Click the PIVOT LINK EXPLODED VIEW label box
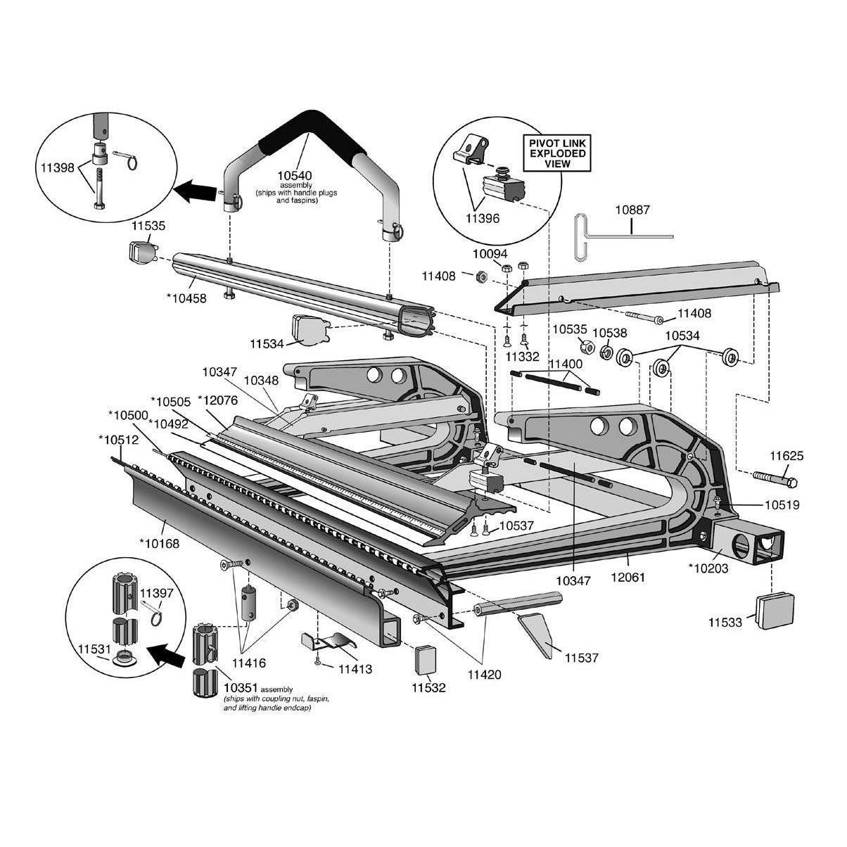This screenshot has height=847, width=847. click(x=556, y=153)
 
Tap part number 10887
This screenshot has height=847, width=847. click(x=632, y=209)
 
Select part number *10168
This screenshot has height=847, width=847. click(x=159, y=542)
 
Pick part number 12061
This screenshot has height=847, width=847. click(x=628, y=577)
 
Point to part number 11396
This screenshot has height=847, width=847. click(x=482, y=218)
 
